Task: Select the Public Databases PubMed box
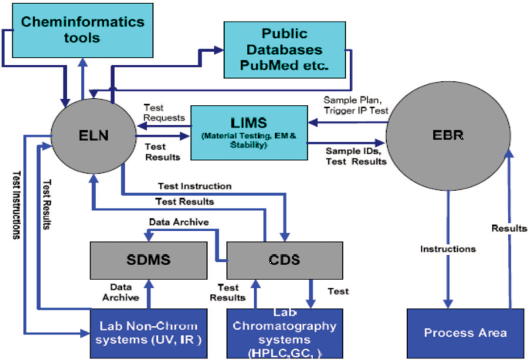(284, 49)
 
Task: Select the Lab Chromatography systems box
(285, 333)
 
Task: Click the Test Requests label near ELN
(164, 113)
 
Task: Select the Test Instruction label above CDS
(195, 186)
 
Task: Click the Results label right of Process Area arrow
(508, 228)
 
